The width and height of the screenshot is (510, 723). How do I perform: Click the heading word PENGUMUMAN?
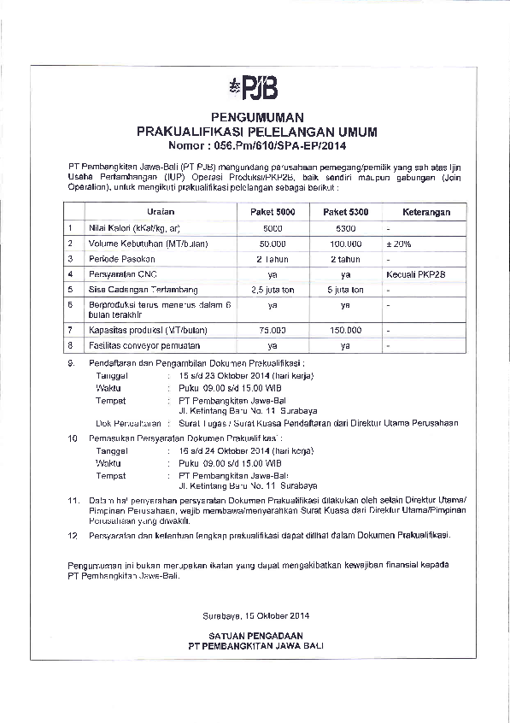tap(256, 117)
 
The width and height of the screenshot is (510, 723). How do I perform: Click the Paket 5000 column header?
tap(273, 211)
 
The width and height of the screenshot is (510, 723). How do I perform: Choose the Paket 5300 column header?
tap(345, 211)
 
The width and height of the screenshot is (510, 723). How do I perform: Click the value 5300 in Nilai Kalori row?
tap(345, 228)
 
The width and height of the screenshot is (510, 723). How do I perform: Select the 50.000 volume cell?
tap(273, 244)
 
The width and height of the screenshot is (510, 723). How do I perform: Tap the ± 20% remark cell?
tap(398, 244)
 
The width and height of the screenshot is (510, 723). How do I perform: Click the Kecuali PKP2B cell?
tap(415, 274)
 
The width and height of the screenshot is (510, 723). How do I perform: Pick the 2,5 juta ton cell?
tap(273, 290)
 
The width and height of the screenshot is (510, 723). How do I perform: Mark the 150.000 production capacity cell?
tap(345, 329)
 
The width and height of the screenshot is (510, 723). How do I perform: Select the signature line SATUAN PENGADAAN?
tap(256, 635)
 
